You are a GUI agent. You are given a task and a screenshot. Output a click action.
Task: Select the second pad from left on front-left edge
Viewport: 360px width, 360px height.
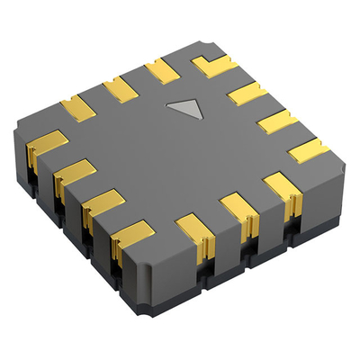point(76,171)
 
